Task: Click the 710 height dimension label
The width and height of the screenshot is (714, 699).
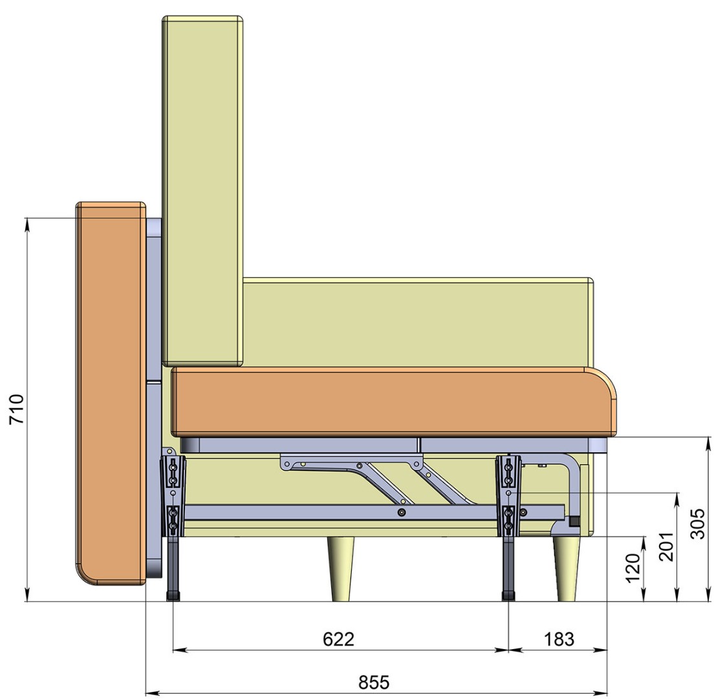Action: (17, 409)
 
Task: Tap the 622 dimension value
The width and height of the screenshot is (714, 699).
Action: (338, 639)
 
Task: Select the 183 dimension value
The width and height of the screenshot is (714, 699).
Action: (559, 639)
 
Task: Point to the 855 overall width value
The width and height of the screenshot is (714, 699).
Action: (374, 682)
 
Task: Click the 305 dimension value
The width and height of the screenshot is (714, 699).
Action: (697, 524)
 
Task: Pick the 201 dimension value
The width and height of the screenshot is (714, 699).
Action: (665, 546)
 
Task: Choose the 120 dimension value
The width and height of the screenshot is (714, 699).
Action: (633, 568)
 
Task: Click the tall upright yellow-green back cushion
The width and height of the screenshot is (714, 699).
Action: (202, 191)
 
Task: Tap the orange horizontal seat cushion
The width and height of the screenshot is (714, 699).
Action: (394, 402)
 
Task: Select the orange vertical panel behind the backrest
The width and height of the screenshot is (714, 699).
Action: (111, 393)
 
